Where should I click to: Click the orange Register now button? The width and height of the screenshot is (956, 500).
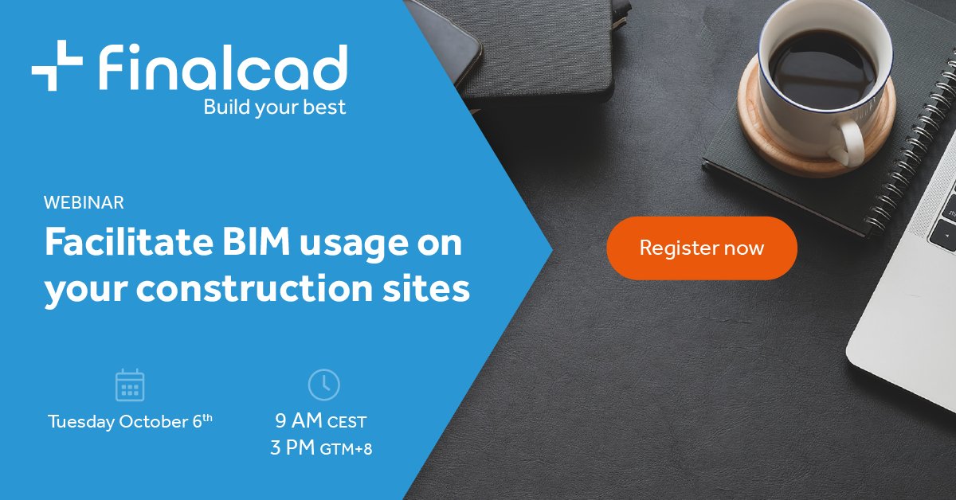(x=701, y=248)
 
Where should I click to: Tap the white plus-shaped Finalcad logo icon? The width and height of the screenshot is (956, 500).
(x=57, y=65)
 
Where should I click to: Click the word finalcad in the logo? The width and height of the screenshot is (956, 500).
(x=222, y=67)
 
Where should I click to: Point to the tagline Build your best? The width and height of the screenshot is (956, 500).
(x=275, y=107)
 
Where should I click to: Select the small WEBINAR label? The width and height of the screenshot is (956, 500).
(x=84, y=203)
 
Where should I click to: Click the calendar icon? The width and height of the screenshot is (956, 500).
(x=130, y=385)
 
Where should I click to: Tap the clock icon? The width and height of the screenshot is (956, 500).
(x=323, y=385)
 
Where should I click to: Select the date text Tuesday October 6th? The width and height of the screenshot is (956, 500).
(x=130, y=421)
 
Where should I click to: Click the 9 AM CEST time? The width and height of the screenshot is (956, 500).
(x=321, y=421)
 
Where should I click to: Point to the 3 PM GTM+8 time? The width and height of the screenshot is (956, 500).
(x=321, y=448)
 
